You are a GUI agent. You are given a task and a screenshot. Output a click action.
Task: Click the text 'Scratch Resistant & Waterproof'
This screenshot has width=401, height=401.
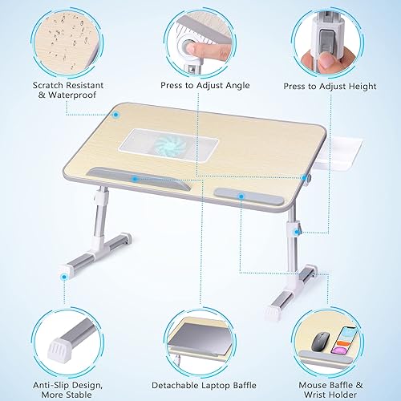point(64,91)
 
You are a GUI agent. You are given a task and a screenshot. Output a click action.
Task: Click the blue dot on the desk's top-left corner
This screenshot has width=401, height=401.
point(116,114)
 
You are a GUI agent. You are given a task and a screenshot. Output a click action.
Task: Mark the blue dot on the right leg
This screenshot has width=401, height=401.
point(297,232)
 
